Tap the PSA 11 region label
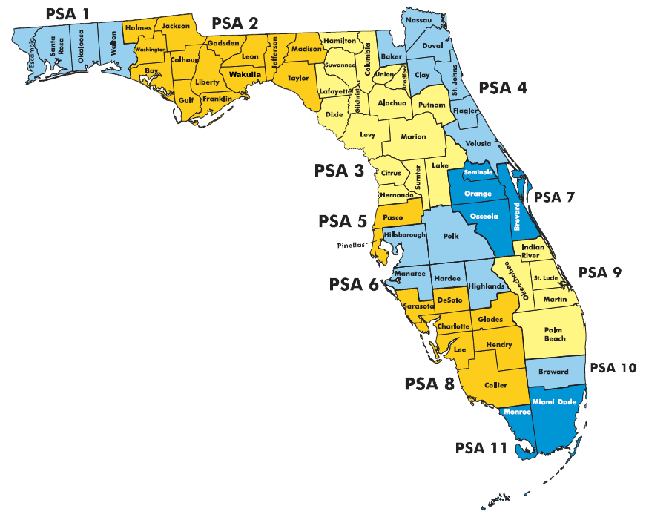[481, 447]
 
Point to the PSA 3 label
[339, 171]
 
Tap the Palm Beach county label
[556, 333]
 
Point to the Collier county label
[495, 384]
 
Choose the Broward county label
[553, 372]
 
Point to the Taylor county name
[298, 77]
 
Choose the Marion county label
[413, 136]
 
